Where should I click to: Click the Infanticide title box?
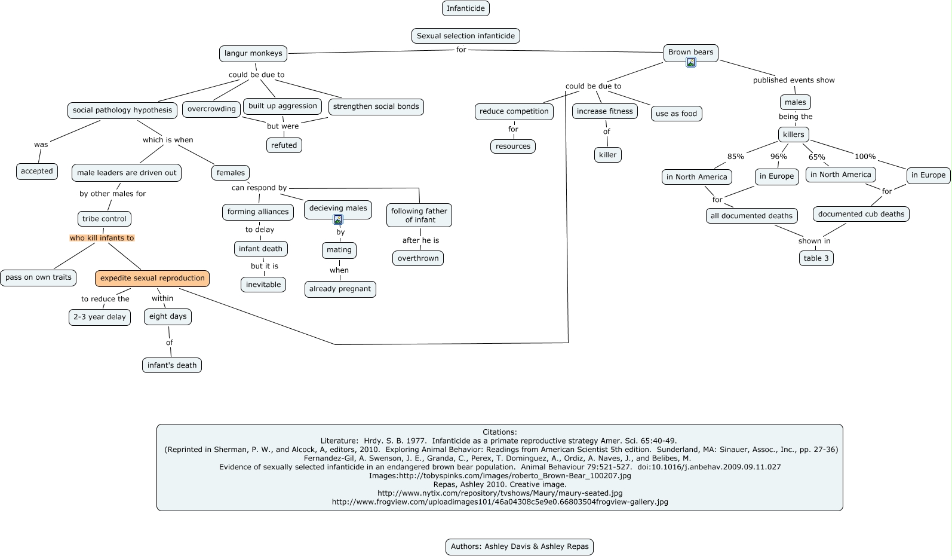(x=466, y=8)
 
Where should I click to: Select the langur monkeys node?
(x=253, y=53)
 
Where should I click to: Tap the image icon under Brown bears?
(x=691, y=62)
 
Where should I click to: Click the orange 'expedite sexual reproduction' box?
(x=152, y=278)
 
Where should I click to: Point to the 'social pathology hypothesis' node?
(x=122, y=110)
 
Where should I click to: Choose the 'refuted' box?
(x=284, y=145)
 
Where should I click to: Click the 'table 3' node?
(x=816, y=258)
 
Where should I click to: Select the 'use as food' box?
(x=676, y=114)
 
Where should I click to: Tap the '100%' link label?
(x=865, y=157)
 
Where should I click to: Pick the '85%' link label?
(x=735, y=157)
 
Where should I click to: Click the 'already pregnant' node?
(x=340, y=289)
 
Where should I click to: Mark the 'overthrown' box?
(x=418, y=258)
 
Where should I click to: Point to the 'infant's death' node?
(x=172, y=365)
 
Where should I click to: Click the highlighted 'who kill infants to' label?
(x=102, y=238)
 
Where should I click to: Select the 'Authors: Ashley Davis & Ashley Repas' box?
(x=519, y=546)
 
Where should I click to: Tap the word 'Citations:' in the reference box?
(x=499, y=432)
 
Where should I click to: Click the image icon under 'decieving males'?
(x=338, y=219)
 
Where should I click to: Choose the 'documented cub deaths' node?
(x=861, y=214)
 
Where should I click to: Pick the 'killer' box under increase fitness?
(x=607, y=155)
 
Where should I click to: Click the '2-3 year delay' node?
(x=100, y=317)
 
